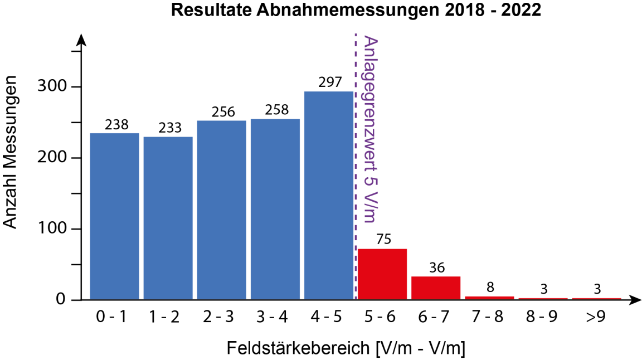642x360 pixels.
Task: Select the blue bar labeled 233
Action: [x=168, y=218]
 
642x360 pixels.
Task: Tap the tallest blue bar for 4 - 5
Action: [x=329, y=195]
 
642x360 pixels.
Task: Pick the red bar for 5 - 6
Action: [x=382, y=274]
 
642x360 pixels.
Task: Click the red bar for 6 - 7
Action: [x=436, y=288]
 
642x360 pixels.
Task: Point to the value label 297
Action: [x=329, y=82]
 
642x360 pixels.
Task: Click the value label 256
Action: [x=222, y=111]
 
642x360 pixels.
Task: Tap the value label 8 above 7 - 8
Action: [x=489, y=288]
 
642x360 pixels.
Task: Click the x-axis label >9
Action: [x=596, y=317]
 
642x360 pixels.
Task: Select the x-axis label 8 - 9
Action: [x=543, y=317]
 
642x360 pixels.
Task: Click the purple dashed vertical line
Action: [x=356, y=167]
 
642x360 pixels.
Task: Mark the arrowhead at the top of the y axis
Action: [x=81, y=40]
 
